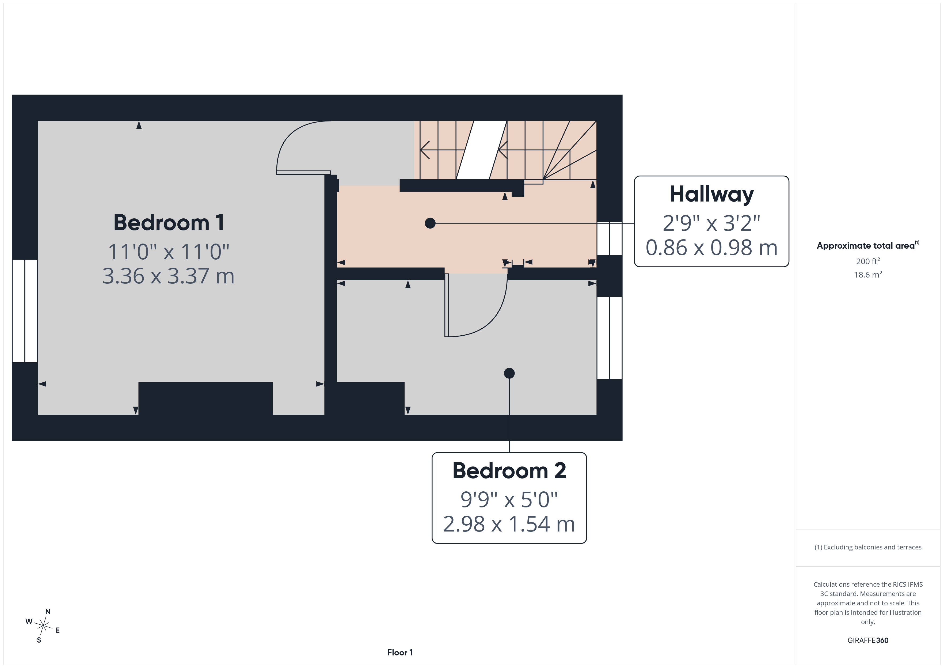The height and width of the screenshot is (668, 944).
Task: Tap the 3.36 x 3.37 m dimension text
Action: pyautogui.click(x=169, y=276)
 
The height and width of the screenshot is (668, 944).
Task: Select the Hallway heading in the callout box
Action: pyautogui.click(x=712, y=195)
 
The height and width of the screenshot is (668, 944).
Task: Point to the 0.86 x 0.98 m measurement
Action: pyautogui.click(x=712, y=248)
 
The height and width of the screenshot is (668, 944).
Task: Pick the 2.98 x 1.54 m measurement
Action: pyautogui.click(x=509, y=524)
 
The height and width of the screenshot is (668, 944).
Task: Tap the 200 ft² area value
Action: pyautogui.click(x=868, y=261)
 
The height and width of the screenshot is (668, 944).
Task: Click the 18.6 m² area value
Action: pyautogui.click(x=868, y=274)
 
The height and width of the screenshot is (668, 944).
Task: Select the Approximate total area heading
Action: pyautogui.click(x=867, y=246)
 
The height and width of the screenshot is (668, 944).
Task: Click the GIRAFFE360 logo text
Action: pyautogui.click(x=868, y=640)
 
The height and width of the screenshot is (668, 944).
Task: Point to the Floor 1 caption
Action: pyautogui.click(x=400, y=652)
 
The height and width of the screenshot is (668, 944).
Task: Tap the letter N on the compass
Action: pyautogui.click(x=48, y=612)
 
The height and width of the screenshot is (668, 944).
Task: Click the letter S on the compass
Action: pyautogui.click(x=39, y=640)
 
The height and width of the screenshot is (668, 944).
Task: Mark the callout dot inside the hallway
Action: pyautogui.click(x=430, y=223)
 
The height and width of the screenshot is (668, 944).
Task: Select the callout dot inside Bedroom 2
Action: pyautogui.click(x=509, y=373)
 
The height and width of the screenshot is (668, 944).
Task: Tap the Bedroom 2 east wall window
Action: pyautogui.click(x=609, y=338)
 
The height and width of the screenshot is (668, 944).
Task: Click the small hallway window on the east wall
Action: pyautogui.click(x=609, y=238)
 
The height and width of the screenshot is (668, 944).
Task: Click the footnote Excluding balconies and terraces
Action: pyautogui.click(x=868, y=547)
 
